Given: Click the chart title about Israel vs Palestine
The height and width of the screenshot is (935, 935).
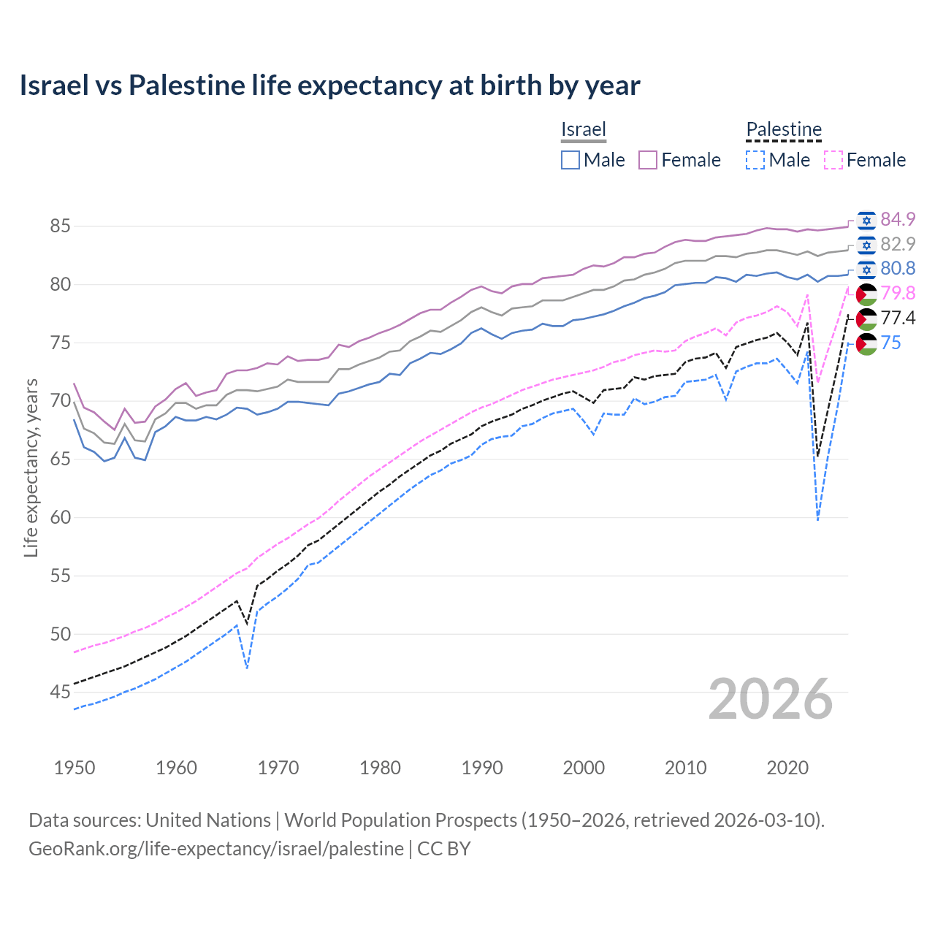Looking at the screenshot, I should (x=329, y=85).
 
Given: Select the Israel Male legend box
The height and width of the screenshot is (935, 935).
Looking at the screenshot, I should (x=570, y=160).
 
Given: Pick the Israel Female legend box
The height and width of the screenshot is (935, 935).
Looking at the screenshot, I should (x=648, y=160).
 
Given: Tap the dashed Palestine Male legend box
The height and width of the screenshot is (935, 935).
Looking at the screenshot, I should (x=755, y=160).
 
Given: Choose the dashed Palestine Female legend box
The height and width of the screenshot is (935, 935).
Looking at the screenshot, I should (x=833, y=160).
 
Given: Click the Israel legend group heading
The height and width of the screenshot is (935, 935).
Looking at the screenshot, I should (x=584, y=130).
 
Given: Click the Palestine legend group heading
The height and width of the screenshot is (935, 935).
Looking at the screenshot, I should (x=784, y=130).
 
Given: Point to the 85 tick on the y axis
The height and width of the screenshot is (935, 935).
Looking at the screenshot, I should (x=60, y=226).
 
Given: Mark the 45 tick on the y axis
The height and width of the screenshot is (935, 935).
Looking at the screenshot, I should (x=60, y=692).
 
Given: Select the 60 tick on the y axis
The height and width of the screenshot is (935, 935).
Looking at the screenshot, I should (x=60, y=517).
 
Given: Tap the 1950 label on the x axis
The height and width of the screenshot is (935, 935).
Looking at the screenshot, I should (x=75, y=768).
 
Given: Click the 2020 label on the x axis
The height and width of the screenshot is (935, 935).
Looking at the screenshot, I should (x=787, y=768).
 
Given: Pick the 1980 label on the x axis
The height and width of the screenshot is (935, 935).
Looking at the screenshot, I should (x=380, y=768).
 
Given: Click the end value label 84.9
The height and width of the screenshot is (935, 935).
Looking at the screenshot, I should (x=898, y=219).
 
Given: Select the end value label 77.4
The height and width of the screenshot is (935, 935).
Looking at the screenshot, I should (x=898, y=318).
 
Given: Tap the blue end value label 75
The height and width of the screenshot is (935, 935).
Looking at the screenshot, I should (x=890, y=343).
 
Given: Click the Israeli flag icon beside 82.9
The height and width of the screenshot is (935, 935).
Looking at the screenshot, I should (x=866, y=245).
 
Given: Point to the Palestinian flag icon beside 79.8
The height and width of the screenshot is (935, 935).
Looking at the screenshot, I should (x=866, y=294).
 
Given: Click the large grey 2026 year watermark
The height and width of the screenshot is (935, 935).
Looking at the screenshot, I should (x=770, y=699).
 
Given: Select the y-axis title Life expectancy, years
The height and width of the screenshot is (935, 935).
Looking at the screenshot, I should (x=31, y=467).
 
